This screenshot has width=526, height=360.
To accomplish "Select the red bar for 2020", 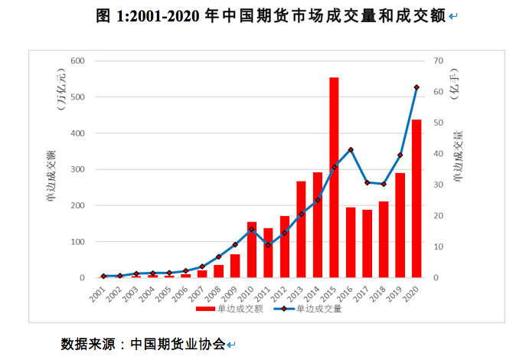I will tap(417, 198).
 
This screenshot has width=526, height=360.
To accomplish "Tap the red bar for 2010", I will tap(251, 250).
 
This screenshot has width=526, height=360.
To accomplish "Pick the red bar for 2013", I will tap(301, 229).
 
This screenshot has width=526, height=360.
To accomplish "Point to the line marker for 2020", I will tap(417, 87).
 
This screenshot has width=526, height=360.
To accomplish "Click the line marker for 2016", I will tap(351, 150).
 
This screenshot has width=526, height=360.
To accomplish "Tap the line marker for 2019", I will tap(400, 155).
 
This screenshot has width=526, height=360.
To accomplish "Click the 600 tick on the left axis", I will tap(77, 61).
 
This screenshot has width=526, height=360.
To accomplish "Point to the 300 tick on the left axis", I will tap(77, 169).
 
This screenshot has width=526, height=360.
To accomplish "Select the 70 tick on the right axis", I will tap(437, 61).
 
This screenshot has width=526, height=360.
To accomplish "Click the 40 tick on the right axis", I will tap(437, 154).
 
